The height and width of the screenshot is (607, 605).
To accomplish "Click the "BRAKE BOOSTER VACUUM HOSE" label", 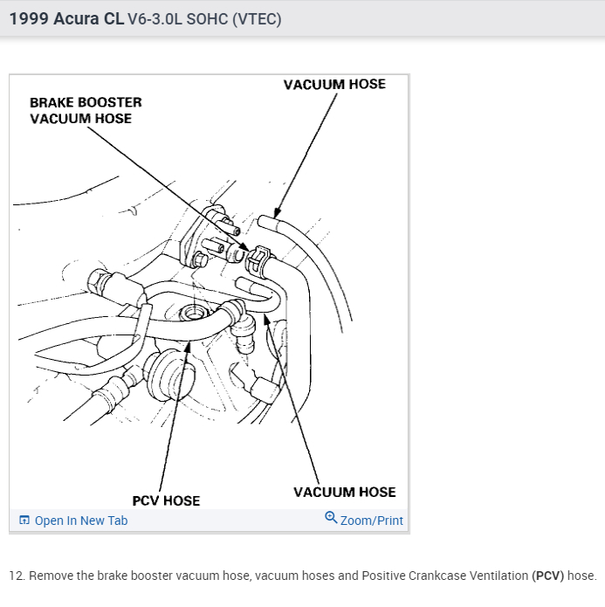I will (86, 110).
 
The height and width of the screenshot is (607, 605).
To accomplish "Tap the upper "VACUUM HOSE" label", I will (334, 84).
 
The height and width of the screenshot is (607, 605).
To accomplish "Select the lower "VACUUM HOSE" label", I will (344, 492).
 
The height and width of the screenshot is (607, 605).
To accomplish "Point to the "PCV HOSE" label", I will (166, 500).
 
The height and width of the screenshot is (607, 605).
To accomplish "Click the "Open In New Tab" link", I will (80, 521).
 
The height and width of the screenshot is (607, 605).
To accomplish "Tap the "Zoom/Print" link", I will (371, 521).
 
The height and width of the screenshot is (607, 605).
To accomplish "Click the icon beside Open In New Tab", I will (24, 521).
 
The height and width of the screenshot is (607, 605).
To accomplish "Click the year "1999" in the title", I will (28, 18).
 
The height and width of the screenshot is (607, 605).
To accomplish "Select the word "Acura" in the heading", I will (76, 18).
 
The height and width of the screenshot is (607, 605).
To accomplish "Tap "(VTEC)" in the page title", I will (258, 18).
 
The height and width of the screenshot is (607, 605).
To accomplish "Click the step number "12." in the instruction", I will (17, 576).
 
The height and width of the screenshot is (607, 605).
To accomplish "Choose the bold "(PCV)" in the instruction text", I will (547, 576).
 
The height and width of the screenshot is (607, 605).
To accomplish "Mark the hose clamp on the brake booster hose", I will (258, 259).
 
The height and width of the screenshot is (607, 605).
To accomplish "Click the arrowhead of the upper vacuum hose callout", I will (275, 212).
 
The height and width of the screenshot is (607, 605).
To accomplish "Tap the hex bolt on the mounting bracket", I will (200, 259).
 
